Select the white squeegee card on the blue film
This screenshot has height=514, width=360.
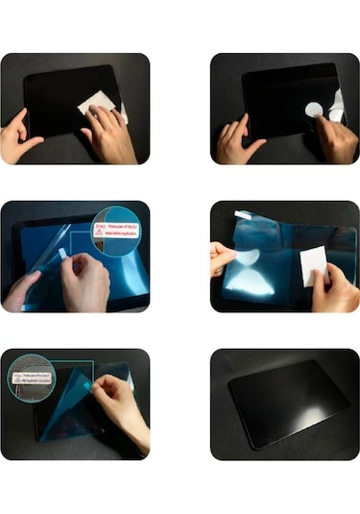[x=314, y=264]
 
